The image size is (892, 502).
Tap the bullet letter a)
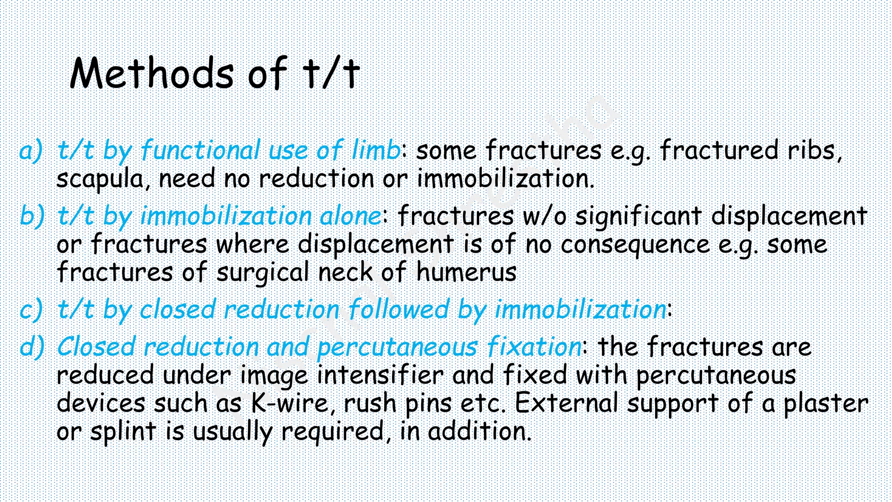[31, 150]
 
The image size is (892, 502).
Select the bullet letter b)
[32, 216]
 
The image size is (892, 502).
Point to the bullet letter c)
[31, 310]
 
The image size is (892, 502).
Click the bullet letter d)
[32, 347]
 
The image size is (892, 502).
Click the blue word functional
[200, 150]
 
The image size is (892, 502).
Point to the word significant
[639, 217]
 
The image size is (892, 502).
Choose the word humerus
[466, 272]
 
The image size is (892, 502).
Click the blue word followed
[399, 310]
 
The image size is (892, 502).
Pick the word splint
[123, 432]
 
